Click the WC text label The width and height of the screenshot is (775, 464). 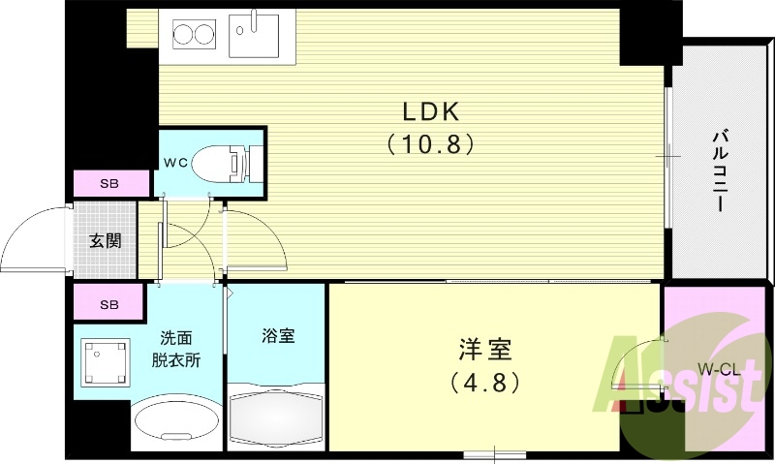[x=175, y=162]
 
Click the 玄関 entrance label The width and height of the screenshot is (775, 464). [x=107, y=241]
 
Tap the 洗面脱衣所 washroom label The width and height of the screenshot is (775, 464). [x=178, y=349]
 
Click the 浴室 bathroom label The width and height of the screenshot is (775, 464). [x=278, y=336]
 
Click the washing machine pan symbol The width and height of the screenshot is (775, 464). [x=104, y=362]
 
